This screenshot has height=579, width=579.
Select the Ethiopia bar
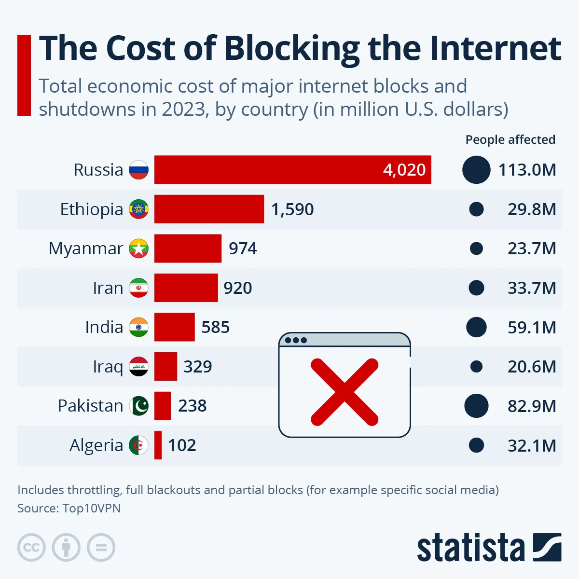(209, 209)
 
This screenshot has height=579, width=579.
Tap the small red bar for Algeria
(158, 445)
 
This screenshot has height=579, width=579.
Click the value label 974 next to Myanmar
(243, 248)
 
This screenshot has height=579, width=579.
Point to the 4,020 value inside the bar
(404, 170)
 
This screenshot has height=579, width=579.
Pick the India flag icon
(138, 327)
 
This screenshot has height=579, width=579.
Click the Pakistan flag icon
(139, 406)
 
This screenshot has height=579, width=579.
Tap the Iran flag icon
(138, 288)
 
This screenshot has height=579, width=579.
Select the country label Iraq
(108, 367)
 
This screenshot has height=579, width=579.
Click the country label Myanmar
(86, 248)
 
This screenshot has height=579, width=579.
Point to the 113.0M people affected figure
(527, 170)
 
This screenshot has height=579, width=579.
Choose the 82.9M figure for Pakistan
(532, 406)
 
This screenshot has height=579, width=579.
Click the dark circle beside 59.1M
(476, 327)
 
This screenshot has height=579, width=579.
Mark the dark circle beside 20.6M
(476, 367)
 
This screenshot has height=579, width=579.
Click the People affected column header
(510, 139)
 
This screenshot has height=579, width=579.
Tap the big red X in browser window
(345, 392)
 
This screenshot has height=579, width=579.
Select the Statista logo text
(470, 548)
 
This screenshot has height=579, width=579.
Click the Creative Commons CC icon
(31, 548)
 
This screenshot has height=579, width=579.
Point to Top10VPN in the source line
(92, 508)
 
